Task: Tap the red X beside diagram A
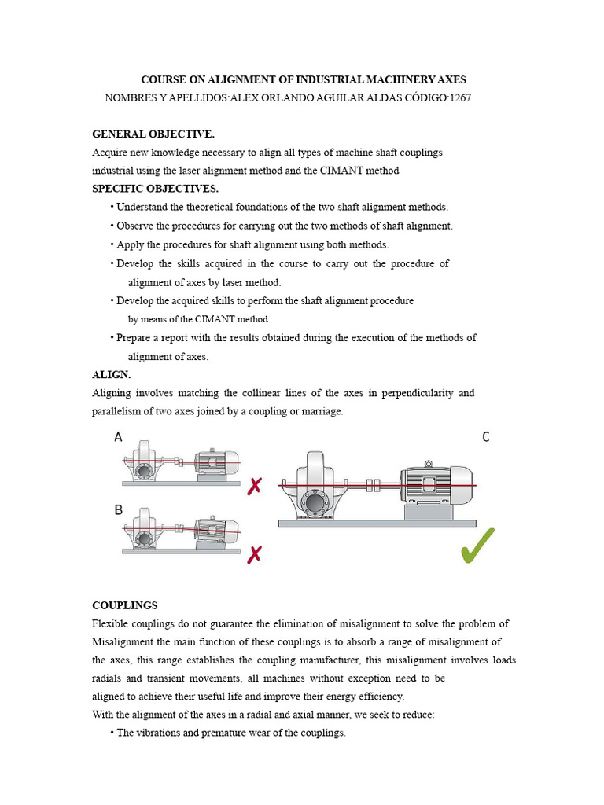tap(254, 487)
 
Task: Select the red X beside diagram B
tap(254, 556)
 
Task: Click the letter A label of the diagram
tap(118, 436)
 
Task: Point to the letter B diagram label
tap(118, 509)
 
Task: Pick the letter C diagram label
tap(486, 437)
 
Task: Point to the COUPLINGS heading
tap(125, 605)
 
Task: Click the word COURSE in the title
tap(162, 79)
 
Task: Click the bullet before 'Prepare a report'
tap(112, 338)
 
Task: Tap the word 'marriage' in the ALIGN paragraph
tap(322, 411)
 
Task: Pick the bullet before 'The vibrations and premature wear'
tap(112, 733)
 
